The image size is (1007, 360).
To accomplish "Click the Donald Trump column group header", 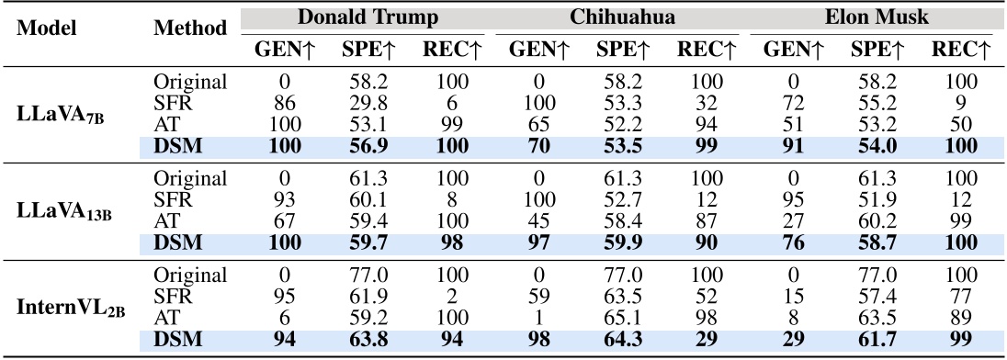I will pyautogui.click(x=368, y=17).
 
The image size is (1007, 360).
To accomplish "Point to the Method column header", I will pyautogui.click(x=190, y=28).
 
